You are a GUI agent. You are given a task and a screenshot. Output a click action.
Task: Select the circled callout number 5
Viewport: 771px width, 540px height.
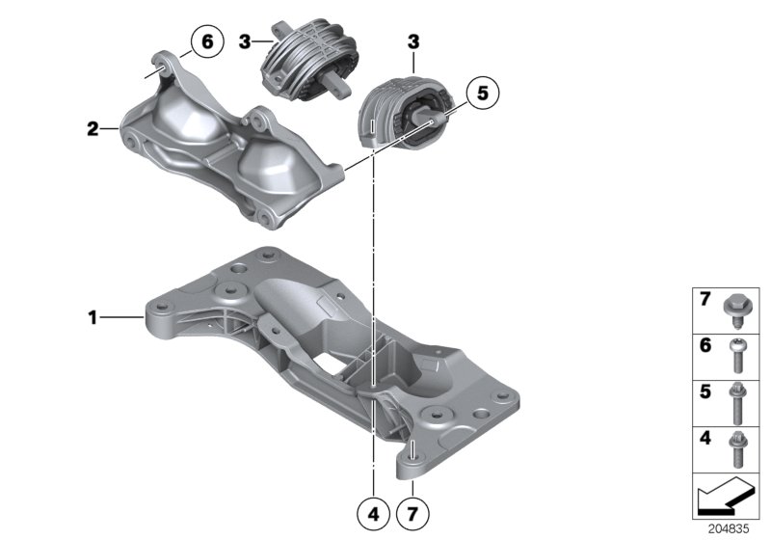coord(483,93)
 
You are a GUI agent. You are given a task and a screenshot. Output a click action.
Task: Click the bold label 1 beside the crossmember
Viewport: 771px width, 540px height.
coord(93,315)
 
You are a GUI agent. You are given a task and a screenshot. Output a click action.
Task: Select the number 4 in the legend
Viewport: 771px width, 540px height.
coord(705,439)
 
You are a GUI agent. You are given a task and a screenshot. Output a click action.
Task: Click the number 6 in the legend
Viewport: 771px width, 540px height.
coord(705,344)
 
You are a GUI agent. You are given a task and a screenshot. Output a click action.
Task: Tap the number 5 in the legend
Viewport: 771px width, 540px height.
coord(705,391)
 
